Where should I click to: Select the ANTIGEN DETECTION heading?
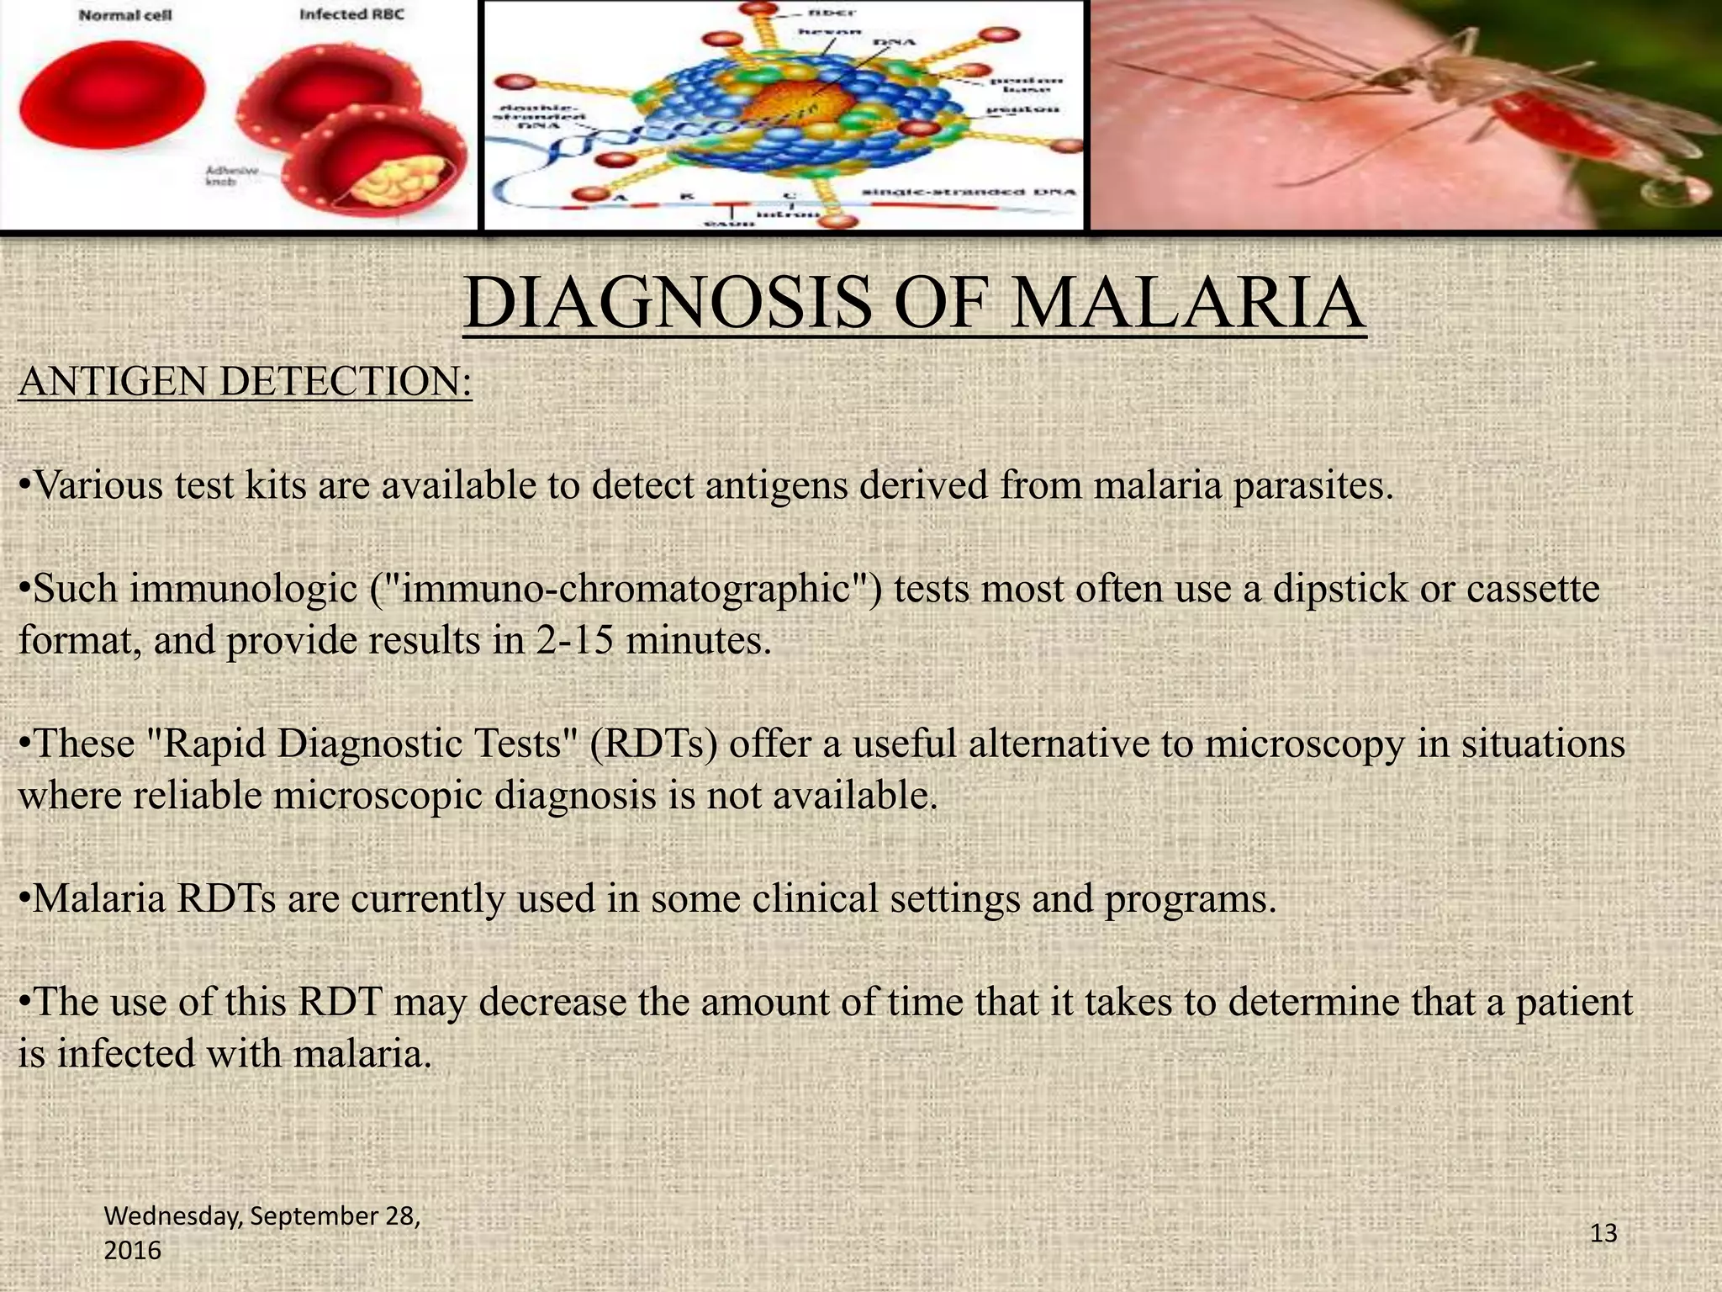coord(245,382)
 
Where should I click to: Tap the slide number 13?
coord(1603,1233)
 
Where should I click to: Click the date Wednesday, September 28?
coord(261,1216)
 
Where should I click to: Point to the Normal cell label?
coord(125,16)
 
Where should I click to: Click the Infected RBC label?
coord(351,15)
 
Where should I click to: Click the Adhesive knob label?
coord(225,176)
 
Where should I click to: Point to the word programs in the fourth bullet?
coord(1190,899)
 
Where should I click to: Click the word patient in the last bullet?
coord(1573,1003)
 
